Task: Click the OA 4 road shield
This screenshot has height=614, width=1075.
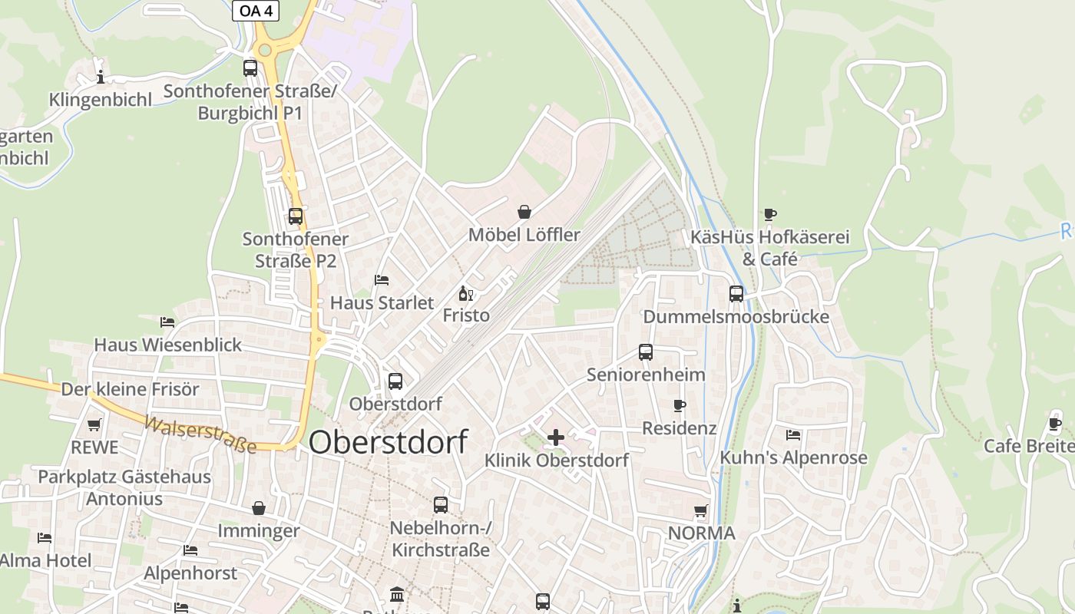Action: point(256,11)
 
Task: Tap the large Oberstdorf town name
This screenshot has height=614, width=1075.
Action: point(389,443)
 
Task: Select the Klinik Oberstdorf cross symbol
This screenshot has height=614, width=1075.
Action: point(555,437)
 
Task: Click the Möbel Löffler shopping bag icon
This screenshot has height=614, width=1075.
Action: point(524,212)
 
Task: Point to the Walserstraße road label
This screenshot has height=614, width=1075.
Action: point(200,434)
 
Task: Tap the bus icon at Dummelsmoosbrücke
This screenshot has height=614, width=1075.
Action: point(736,294)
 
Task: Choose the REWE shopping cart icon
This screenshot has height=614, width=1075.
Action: point(94,424)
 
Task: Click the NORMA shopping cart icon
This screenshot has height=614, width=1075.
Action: point(700,510)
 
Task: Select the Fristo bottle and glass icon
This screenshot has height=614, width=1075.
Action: point(465,293)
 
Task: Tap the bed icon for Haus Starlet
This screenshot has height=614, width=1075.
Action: point(382,280)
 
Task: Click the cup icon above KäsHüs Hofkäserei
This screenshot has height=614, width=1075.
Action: point(769,215)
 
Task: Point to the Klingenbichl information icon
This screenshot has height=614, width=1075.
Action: point(100,77)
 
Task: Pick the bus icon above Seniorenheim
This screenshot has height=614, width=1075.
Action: point(646,352)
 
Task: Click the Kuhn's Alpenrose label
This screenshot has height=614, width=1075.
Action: point(793,458)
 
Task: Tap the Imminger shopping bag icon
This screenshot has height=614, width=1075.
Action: point(259,508)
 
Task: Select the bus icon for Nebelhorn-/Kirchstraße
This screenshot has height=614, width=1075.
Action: point(441,505)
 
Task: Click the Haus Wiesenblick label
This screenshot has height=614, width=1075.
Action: point(167,345)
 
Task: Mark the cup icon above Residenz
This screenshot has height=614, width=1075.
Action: point(679,405)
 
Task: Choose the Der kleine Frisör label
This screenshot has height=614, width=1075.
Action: point(130,389)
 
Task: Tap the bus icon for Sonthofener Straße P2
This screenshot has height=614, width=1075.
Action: point(296,216)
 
